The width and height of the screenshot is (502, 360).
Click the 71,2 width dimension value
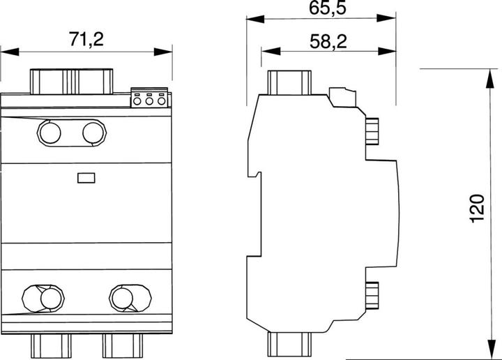(86, 39)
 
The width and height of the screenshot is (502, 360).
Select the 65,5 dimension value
(328, 8)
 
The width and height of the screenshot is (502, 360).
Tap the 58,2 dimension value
(328, 41)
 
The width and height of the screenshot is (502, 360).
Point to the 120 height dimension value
(477, 207)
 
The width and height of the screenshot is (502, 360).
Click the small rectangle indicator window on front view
(86, 178)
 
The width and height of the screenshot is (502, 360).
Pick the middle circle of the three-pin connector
(149, 101)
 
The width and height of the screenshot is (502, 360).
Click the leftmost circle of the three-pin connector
(137, 101)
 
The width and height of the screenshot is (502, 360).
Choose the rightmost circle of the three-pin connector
(161, 101)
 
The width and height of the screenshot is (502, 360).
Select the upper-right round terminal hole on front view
(93, 133)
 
